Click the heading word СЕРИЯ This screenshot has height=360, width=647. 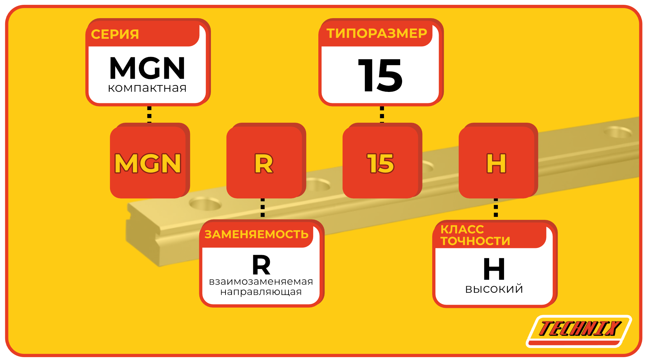(115, 34)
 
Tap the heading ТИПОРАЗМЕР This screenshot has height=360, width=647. (377, 33)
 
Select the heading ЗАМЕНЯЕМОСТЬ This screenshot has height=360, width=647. (256, 234)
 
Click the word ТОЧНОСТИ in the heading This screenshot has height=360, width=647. (475, 241)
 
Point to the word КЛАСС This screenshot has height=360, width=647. (462, 229)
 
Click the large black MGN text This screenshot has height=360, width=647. (147, 68)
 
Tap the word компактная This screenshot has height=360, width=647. (147, 88)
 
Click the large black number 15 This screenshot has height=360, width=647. (380, 75)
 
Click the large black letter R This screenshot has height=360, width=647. (261, 265)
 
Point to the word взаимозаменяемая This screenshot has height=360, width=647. (261, 281)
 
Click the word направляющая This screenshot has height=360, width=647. (261, 292)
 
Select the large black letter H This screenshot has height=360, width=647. (494, 269)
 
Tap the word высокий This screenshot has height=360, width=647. (494, 289)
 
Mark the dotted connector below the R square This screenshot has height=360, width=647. (263, 208)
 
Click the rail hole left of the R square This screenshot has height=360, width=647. (205, 204)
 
